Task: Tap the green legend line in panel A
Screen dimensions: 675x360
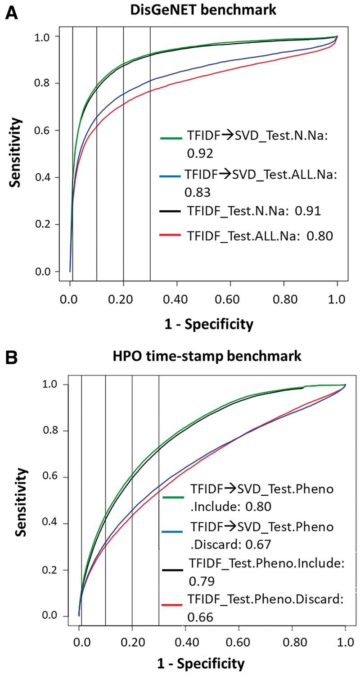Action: point(171,138)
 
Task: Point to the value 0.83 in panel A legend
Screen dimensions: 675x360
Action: point(197,193)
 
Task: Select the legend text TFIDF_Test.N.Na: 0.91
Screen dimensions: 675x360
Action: point(254,211)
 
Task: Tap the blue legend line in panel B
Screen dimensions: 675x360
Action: point(172,532)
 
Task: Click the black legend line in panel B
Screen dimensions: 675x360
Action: point(172,570)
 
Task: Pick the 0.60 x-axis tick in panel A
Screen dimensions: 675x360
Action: point(230,299)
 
